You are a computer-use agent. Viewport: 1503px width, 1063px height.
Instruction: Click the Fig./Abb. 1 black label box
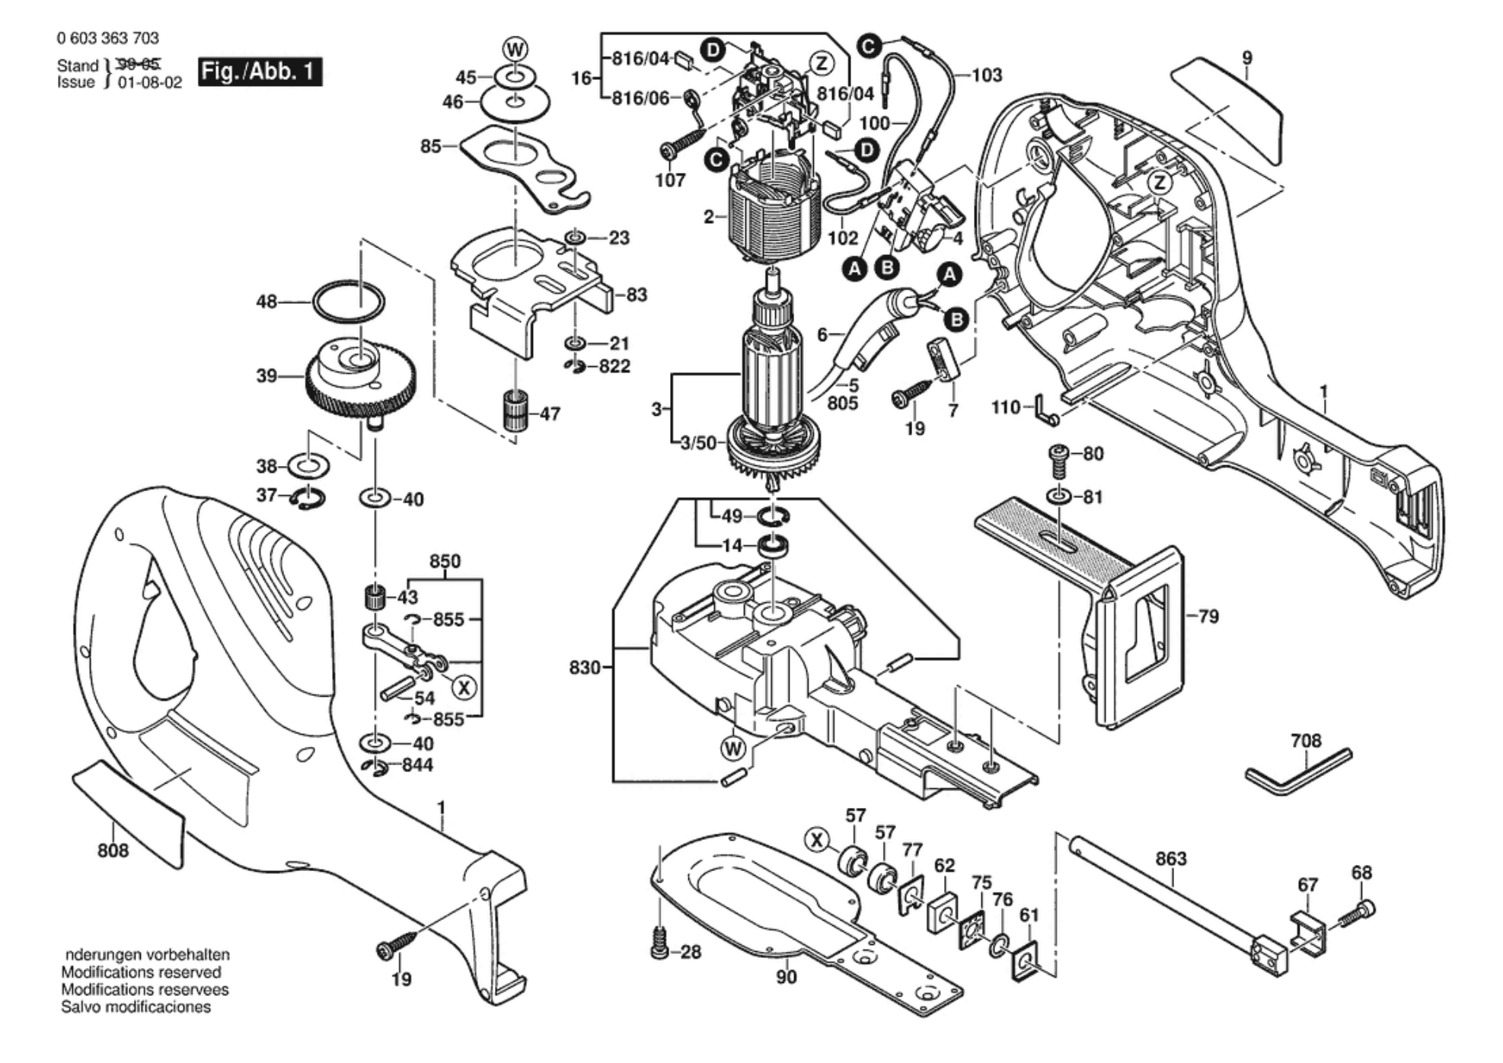point(260,72)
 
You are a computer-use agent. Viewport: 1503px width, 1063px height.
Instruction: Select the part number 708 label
point(1306,740)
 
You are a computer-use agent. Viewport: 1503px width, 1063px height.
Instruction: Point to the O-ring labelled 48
point(348,303)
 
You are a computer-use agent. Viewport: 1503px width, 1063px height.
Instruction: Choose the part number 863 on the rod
point(1170,858)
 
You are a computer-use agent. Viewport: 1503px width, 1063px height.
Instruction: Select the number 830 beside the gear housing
point(585,668)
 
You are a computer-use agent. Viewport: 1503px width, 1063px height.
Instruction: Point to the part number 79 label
point(1208,616)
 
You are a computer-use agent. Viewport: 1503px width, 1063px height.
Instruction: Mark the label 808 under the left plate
point(113,850)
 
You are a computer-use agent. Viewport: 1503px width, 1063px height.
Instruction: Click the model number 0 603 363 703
point(107,38)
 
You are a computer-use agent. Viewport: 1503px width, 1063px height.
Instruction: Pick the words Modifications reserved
point(141,972)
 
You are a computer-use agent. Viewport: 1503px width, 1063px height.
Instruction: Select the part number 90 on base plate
point(786,976)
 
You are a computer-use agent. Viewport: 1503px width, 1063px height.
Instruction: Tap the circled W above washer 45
point(515,50)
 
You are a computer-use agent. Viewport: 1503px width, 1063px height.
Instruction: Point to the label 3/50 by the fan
point(698,442)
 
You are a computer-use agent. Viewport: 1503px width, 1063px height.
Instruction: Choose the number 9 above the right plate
point(1246,58)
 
